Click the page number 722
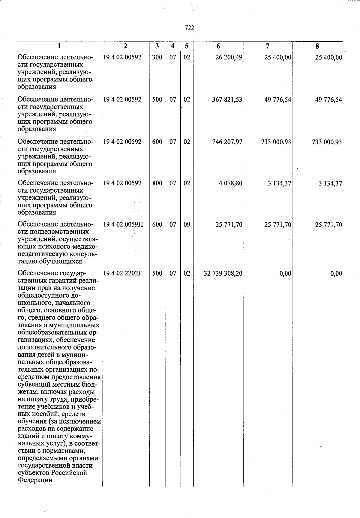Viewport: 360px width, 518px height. pos(190,28)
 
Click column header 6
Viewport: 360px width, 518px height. pos(218,46)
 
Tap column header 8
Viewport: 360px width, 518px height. pos(317,46)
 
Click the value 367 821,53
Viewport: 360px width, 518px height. pos(227,100)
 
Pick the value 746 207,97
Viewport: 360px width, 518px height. pos(227,142)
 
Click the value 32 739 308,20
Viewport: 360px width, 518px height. pos(223,274)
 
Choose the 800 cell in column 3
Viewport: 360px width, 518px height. pos(157,183)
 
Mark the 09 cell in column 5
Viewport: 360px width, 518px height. pos(187,225)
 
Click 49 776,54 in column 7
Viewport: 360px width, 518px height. pos(278,100)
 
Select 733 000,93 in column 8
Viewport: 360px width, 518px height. pos(327,142)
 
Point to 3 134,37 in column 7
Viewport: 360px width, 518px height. pos(280,183)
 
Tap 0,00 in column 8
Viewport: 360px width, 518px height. pos(336,274)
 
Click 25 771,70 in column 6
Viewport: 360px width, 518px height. pos(229,225)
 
